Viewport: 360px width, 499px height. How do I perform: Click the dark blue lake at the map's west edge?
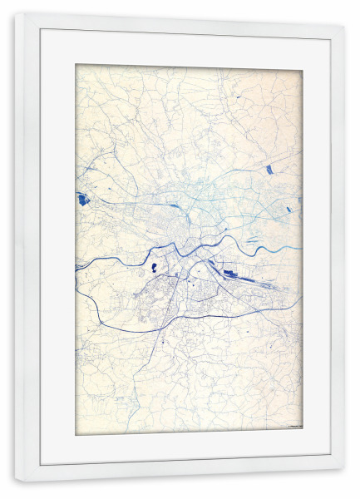tap(82, 199)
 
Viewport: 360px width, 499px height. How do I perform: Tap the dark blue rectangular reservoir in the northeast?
tap(269, 170)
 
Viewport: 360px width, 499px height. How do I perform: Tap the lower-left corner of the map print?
tap(76, 435)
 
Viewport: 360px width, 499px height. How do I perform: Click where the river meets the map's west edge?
tap(76, 267)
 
